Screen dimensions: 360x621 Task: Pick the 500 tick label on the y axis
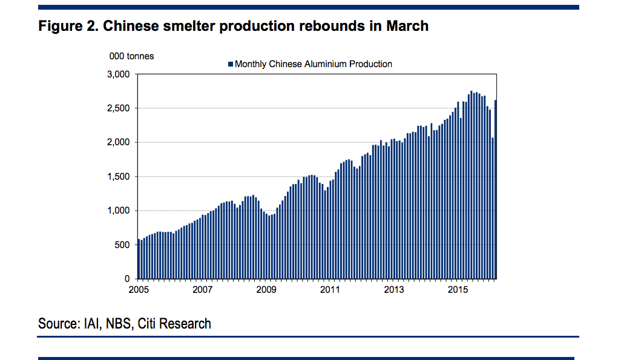tap(123, 245)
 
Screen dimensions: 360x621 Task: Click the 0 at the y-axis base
tap(128, 279)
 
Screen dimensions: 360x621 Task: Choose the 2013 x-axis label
tap(394, 290)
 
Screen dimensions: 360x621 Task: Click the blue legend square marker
tap(231, 64)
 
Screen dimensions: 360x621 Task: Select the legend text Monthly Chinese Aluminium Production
tap(313, 64)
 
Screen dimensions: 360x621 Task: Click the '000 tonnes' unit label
tap(131, 56)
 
